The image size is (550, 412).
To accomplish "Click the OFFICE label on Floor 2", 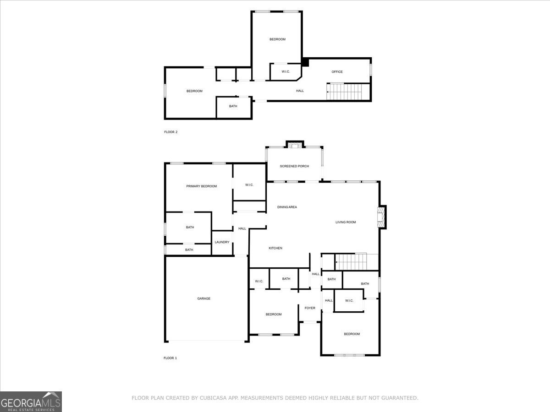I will click(x=337, y=72).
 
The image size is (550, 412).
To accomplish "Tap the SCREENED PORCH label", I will click(x=294, y=166).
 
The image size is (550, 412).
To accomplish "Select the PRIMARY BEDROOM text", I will click(x=201, y=186).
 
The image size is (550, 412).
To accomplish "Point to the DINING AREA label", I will click(x=287, y=207).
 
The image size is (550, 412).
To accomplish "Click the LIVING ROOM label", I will click(x=346, y=222).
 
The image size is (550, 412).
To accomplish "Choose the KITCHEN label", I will click(x=275, y=248).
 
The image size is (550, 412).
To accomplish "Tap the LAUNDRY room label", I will click(x=222, y=242).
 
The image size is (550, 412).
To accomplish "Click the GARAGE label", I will click(x=204, y=298).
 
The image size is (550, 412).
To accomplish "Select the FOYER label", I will click(x=310, y=308).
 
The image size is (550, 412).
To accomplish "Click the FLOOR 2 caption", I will click(x=170, y=132).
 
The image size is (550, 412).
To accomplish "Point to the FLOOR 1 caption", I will click(x=170, y=358).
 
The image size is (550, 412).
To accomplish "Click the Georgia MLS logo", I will click(x=31, y=401).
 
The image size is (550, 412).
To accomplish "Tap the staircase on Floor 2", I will click(x=348, y=92).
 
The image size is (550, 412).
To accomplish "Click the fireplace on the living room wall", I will click(x=381, y=217).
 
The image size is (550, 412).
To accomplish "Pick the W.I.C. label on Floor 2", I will click(x=286, y=72).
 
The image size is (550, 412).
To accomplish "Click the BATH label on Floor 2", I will click(x=233, y=107).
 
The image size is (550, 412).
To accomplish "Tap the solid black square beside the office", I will click(x=305, y=62).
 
